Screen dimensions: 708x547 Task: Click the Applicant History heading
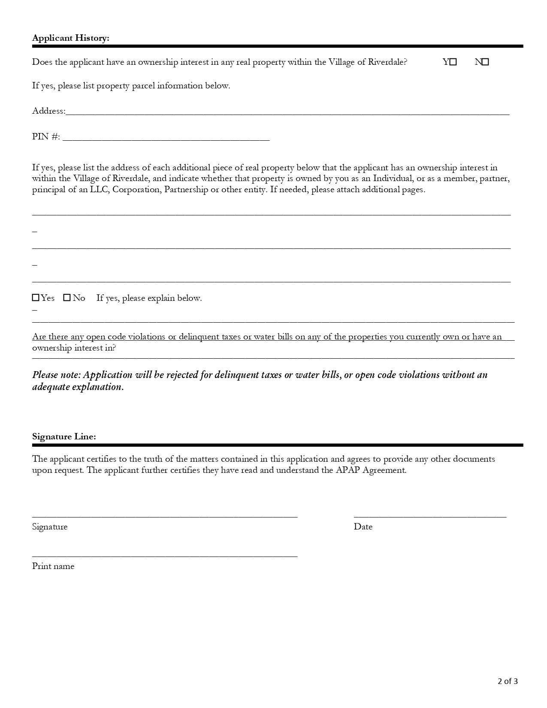[x=71, y=38]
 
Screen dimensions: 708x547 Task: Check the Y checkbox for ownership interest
[x=453, y=62]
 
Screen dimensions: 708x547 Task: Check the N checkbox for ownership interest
[x=485, y=62]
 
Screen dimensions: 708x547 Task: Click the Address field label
[x=48, y=111]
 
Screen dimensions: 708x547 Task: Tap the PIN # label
[x=46, y=136]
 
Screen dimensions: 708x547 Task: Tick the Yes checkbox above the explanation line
[x=36, y=298]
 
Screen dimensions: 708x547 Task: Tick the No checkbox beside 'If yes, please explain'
[x=67, y=298]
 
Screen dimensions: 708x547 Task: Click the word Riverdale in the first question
[x=387, y=62]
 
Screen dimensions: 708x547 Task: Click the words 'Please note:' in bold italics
[x=56, y=375]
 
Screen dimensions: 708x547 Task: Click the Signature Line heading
[x=64, y=436]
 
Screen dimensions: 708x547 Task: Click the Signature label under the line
[x=50, y=526]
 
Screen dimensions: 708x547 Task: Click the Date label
[x=363, y=526]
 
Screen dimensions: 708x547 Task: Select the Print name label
[x=53, y=566]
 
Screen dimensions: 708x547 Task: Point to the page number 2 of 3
[x=508, y=681]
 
